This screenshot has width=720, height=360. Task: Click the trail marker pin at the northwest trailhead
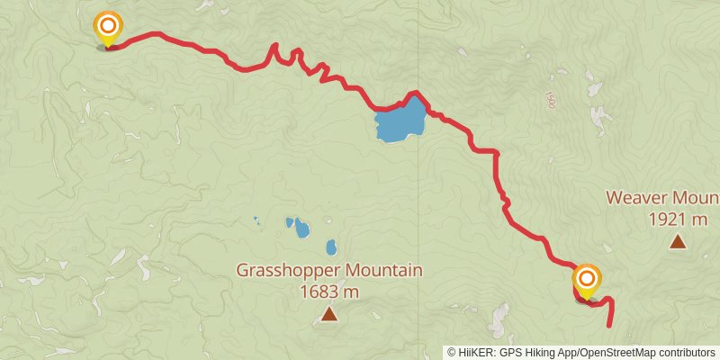pos(108,28)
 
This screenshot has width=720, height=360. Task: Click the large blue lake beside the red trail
pos(401,120)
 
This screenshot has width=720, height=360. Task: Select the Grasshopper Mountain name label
pos(329,270)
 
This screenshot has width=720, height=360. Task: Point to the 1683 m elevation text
pos(329,292)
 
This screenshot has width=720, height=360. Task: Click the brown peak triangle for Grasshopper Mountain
pos(329,313)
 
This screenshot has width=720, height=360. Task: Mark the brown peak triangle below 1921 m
pos(677,240)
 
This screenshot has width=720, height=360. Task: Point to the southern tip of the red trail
pos(611,325)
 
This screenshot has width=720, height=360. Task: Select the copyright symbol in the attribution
pos(452,353)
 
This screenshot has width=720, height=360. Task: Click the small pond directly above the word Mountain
pos(331,247)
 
